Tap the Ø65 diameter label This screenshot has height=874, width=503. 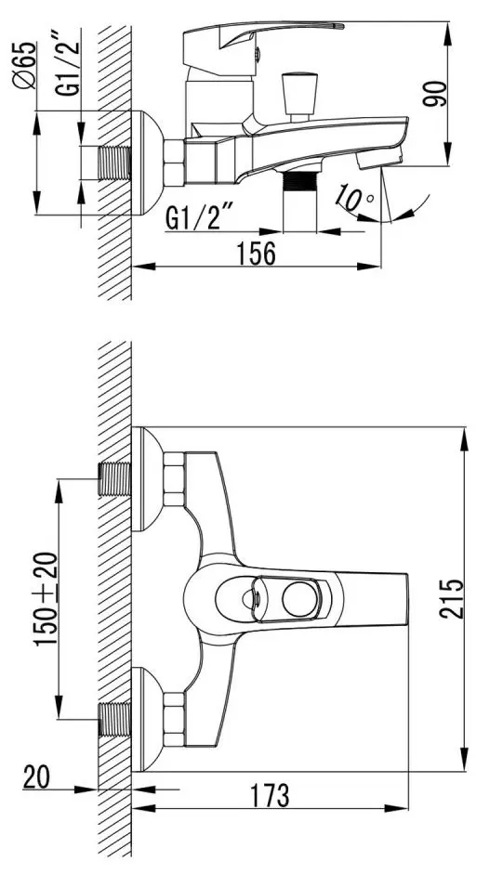(x=25, y=65)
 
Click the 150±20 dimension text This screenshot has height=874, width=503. (x=46, y=599)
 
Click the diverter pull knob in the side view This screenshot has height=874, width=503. (x=301, y=94)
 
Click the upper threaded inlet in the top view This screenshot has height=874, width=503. (x=114, y=476)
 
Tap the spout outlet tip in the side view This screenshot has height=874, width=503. (x=372, y=161)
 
